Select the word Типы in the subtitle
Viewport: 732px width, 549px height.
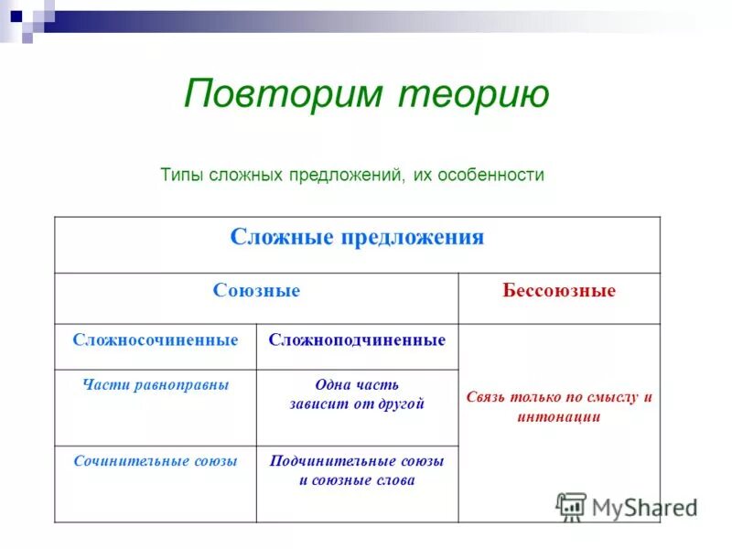tap(181, 174)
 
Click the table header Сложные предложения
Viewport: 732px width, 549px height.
tap(357, 238)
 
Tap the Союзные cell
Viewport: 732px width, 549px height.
tap(256, 291)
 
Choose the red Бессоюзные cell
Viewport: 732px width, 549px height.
tap(558, 291)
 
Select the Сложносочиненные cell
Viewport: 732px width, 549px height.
tap(156, 339)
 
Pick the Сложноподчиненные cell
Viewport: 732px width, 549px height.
tap(357, 339)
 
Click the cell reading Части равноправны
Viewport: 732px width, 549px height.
tap(156, 385)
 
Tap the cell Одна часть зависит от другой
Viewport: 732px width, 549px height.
tap(357, 394)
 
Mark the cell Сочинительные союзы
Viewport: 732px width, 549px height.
tap(156, 461)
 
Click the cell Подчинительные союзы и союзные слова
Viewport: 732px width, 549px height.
tap(357, 470)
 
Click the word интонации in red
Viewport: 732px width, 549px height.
tap(558, 416)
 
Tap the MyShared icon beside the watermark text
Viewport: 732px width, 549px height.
tap(571, 506)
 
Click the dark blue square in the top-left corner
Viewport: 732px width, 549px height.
tap(16, 15)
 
